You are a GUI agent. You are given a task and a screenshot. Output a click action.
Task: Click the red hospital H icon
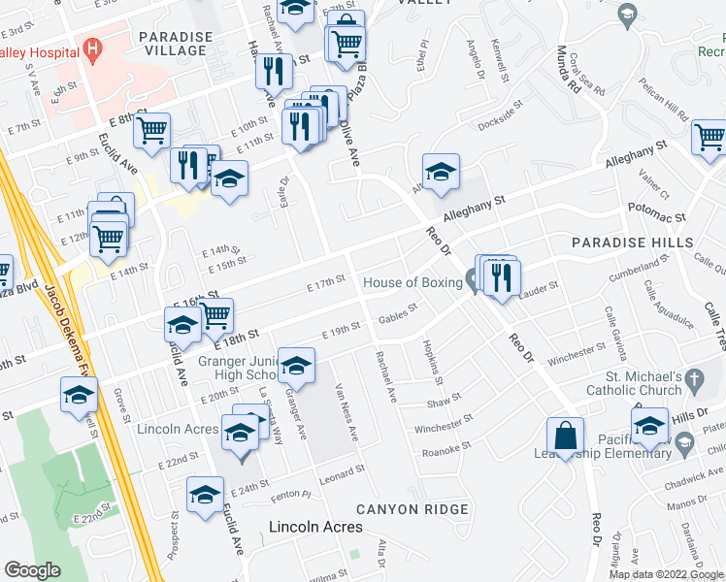92,47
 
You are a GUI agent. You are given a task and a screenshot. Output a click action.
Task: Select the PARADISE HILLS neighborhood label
632,242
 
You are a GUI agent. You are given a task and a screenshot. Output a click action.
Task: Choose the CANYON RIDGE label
412,509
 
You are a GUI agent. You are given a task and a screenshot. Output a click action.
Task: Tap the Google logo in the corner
32,570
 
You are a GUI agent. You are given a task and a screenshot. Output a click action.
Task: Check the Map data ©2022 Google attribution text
666,574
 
